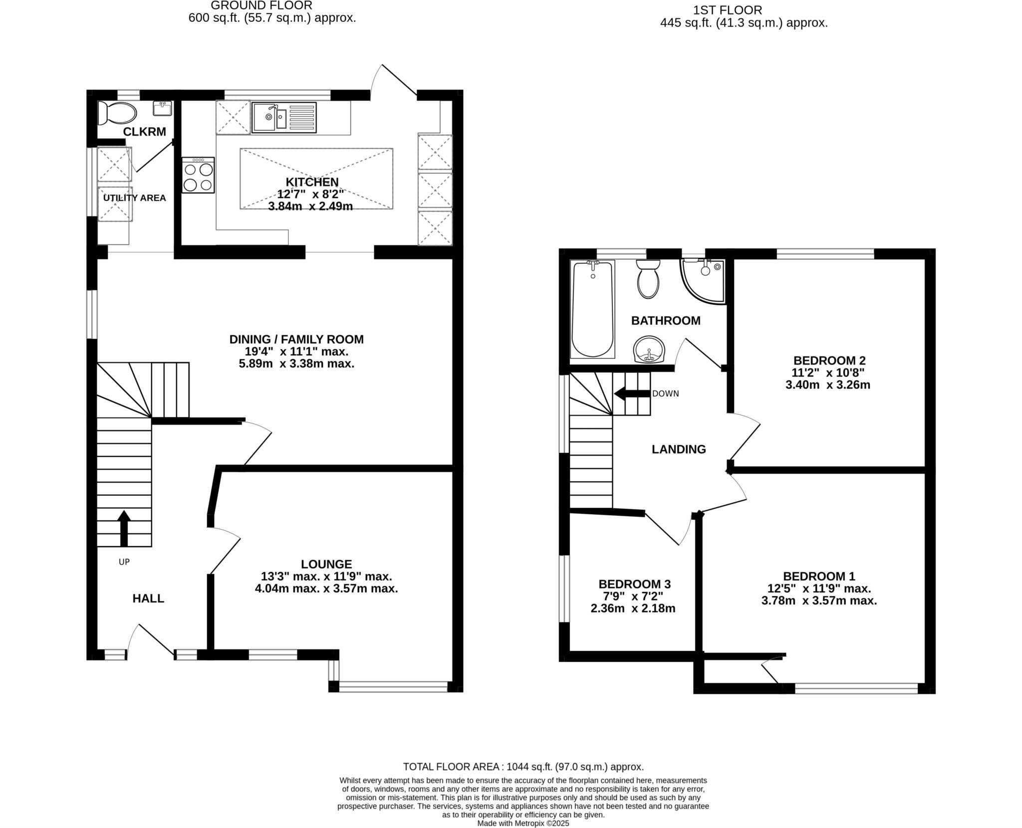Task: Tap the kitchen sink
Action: [284, 117]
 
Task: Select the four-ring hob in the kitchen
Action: [198, 176]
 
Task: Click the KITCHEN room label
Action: [312, 182]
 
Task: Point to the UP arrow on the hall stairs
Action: [124, 528]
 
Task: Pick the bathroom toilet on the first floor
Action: [648, 279]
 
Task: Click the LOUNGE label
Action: [326, 564]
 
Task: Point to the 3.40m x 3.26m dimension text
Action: [828, 385]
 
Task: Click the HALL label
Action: [148, 599]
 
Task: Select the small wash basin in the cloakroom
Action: [163, 108]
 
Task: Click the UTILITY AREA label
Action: [134, 198]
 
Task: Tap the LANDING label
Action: [679, 449]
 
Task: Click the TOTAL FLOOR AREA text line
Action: [523, 767]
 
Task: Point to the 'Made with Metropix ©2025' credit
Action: [523, 824]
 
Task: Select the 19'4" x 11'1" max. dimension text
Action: [296, 352]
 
